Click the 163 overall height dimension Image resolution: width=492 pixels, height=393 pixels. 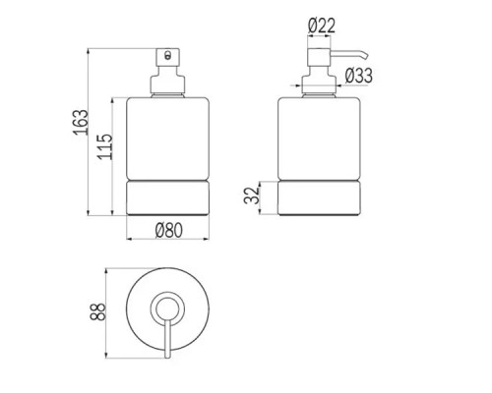(x=81, y=122)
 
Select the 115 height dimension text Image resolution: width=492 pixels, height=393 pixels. (x=105, y=146)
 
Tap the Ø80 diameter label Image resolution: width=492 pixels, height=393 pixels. (x=168, y=230)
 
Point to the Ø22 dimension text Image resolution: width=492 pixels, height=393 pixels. (x=322, y=26)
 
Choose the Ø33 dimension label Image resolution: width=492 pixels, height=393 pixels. (x=359, y=76)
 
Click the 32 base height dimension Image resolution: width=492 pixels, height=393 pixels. (x=252, y=196)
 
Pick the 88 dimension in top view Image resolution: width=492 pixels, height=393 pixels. (x=97, y=311)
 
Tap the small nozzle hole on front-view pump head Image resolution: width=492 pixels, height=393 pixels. (x=168, y=55)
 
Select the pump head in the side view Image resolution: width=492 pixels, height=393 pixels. (x=319, y=58)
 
